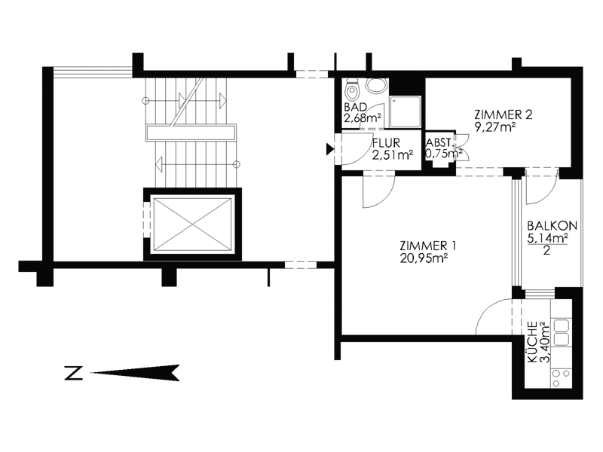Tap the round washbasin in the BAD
pyautogui.click(x=375, y=85)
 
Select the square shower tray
pyautogui.click(x=406, y=111)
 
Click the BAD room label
pyautogui.click(x=355, y=107)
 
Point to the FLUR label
pyautogui.click(x=386, y=143)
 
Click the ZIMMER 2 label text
pyautogui.click(x=504, y=115)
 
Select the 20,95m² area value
pyautogui.click(x=424, y=258)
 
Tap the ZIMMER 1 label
pyautogui.click(x=428, y=246)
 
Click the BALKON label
pyautogui.click(x=552, y=225)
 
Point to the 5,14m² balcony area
pyautogui.click(x=548, y=238)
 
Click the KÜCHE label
pyautogui.click(x=533, y=342)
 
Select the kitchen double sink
pyautogui.click(x=562, y=333)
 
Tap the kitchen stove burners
pyautogui.click(x=561, y=378)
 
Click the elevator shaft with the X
pyautogui.click(x=193, y=224)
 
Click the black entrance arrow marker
pyautogui.click(x=330, y=148)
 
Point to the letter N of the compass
pyautogui.click(x=73, y=373)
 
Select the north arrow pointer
pyautogui.click(x=135, y=372)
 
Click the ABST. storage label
pyautogui.click(x=438, y=142)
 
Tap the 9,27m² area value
pyautogui.click(x=495, y=127)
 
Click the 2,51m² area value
pyautogui.click(x=393, y=155)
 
